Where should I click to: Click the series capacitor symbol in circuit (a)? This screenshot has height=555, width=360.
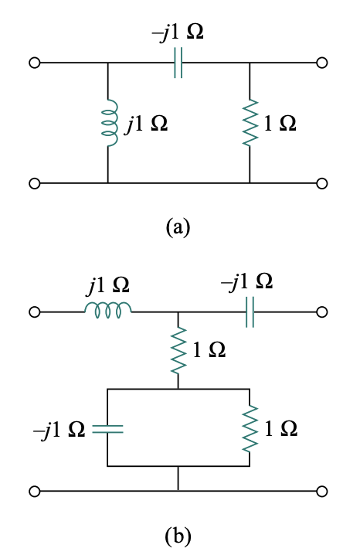pos(178,63)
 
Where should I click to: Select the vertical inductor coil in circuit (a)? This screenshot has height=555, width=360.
pos(108,122)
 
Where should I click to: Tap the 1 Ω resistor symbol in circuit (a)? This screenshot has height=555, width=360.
pos(250,123)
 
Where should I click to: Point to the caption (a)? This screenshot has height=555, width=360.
pos(178,226)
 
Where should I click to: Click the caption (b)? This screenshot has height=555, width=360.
pos(178,534)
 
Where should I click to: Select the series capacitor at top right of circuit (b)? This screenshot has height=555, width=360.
pos(250,312)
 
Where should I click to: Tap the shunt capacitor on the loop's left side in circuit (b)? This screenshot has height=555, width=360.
pos(108,427)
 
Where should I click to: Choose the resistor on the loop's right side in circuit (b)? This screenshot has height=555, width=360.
pos(250,427)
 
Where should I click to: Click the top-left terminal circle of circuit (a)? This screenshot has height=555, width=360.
pos(33,63)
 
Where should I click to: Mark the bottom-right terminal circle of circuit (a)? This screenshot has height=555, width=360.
pos(322,183)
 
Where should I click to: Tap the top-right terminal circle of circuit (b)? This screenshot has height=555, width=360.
pos(322,312)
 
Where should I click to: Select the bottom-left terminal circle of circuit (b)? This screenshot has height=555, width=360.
pos(33,491)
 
